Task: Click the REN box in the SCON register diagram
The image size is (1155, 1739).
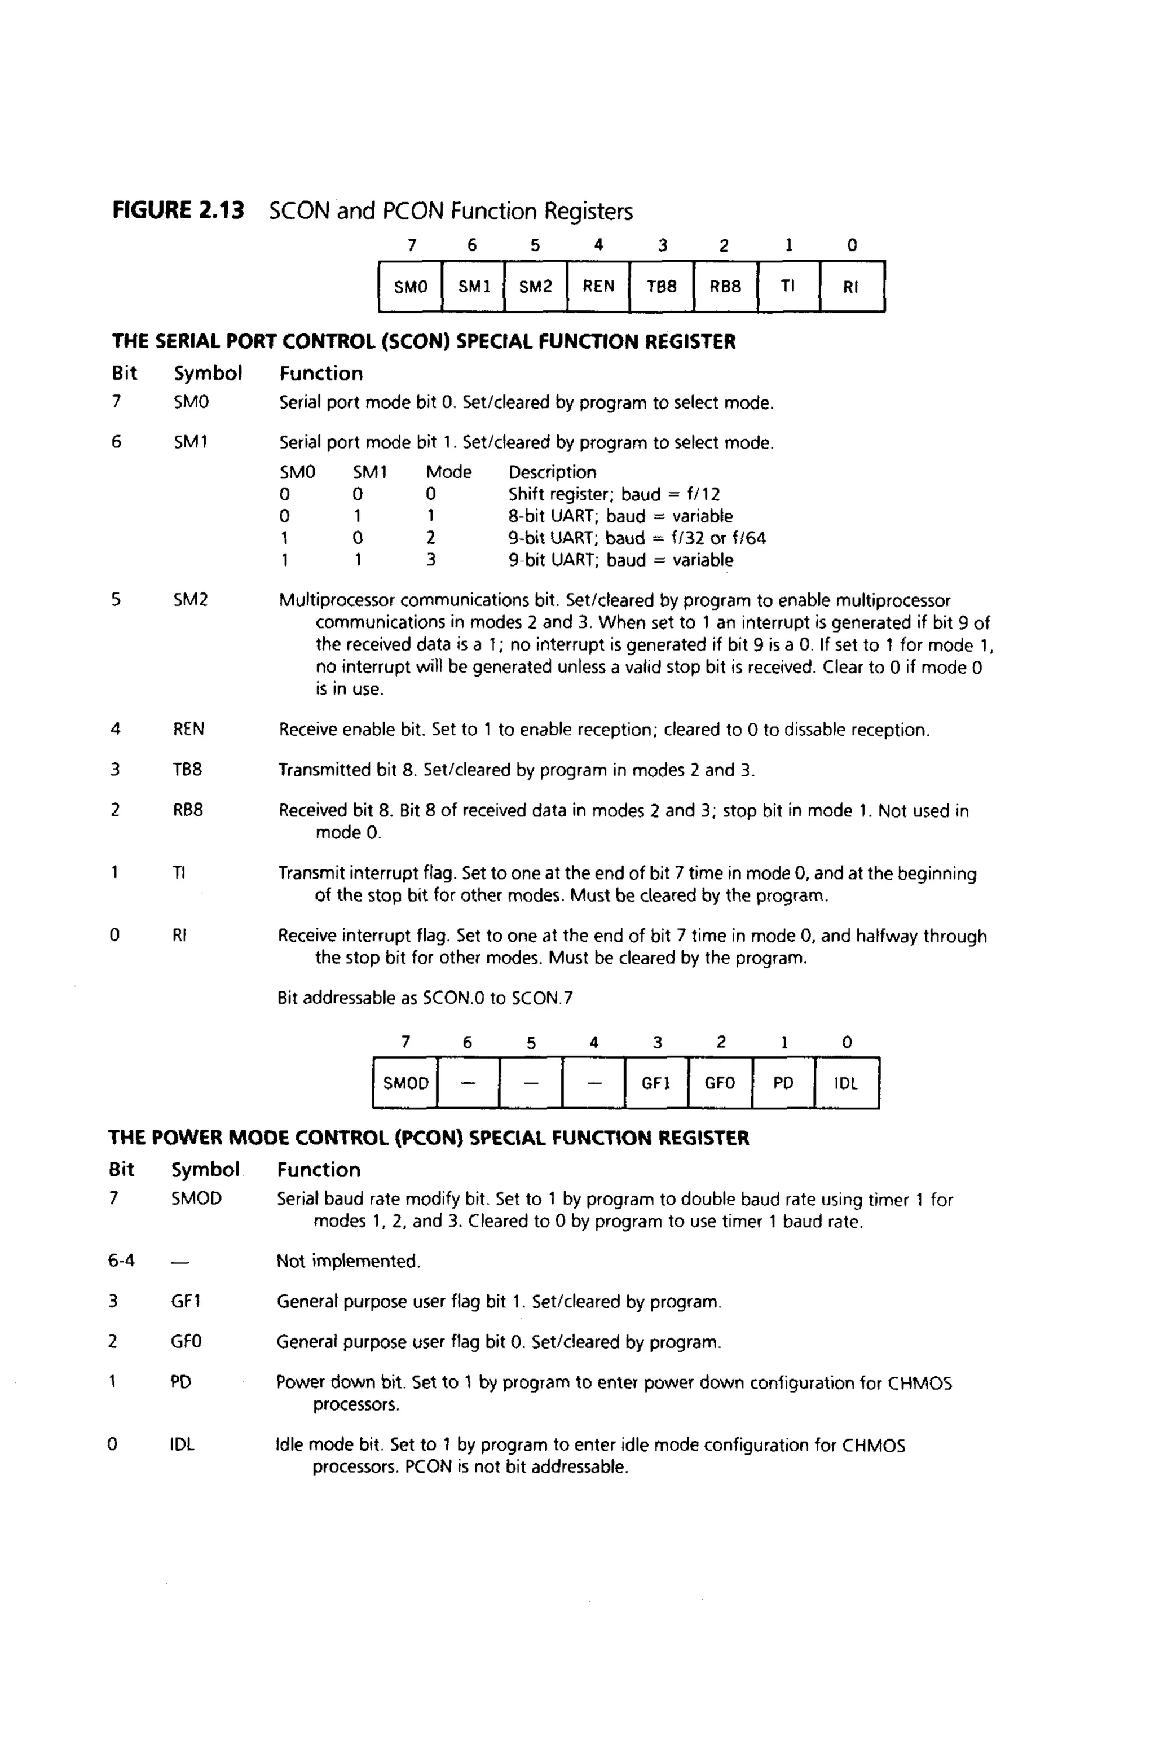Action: click(598, 287)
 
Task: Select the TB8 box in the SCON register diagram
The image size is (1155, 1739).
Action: click(662, 287)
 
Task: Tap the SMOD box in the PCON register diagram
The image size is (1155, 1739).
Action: click(405, 1083)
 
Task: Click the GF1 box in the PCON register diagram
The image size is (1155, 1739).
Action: click(656, 1083)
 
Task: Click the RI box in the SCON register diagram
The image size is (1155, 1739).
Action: click(851, 287)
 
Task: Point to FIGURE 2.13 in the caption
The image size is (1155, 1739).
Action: click(178, 210)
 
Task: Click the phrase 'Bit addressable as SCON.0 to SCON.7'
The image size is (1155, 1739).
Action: click(425, 999)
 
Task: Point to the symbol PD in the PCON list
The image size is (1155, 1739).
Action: click(180, 1382)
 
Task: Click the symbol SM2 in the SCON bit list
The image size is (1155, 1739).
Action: click(191, 600)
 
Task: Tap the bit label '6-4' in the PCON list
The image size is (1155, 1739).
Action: click(122, 1261)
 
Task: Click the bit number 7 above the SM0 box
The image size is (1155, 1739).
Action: click(411, 245)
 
